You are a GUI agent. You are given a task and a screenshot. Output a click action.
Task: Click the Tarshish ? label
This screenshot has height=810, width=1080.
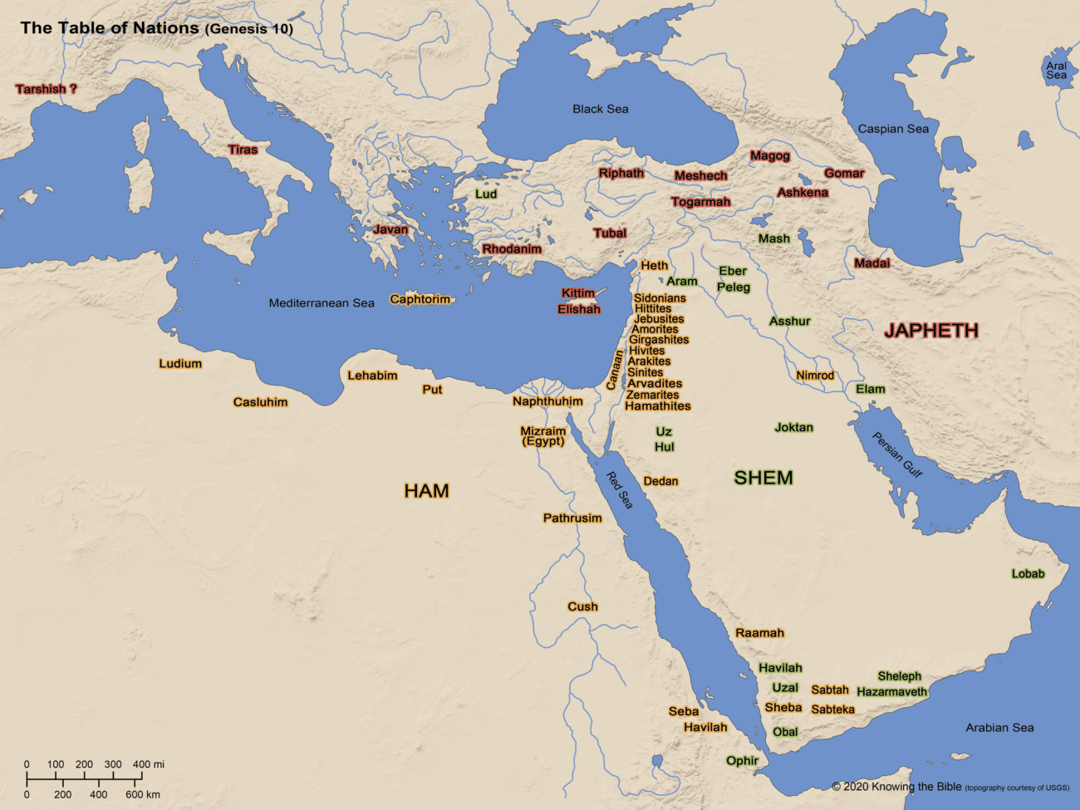46,89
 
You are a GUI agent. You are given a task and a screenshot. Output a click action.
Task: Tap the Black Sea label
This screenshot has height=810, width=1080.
600,109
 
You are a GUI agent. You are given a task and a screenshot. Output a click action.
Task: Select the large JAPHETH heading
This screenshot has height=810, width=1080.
930,331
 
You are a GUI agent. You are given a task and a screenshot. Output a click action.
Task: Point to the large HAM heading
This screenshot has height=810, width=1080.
426,491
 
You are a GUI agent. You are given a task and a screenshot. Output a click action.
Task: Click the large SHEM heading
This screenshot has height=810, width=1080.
763,478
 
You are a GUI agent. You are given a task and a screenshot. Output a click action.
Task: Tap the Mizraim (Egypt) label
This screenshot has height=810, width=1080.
542,436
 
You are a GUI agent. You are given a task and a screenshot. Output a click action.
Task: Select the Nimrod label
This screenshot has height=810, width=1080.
814,376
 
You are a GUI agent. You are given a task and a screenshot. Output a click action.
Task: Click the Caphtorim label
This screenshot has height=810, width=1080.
420,299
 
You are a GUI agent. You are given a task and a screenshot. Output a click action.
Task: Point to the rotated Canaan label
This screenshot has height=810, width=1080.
615,370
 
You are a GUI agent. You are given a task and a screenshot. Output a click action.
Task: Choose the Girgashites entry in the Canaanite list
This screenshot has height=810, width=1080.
658,340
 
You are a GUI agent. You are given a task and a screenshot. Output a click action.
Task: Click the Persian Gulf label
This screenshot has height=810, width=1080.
896,454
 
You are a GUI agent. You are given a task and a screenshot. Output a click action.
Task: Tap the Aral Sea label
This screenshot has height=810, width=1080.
1056,71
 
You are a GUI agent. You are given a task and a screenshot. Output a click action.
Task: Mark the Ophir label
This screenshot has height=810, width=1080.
742,760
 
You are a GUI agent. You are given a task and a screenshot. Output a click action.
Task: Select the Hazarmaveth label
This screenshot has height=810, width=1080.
891,691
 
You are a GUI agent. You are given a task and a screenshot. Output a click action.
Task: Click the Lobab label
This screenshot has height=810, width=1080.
1028,574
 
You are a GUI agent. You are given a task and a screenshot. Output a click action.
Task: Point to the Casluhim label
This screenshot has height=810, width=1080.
260,402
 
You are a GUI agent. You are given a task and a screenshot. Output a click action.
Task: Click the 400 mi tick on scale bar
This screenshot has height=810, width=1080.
142,775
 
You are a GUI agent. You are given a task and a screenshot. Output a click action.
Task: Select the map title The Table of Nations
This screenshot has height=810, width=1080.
109,27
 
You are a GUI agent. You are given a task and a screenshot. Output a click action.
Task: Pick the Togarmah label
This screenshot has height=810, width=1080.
700,202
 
